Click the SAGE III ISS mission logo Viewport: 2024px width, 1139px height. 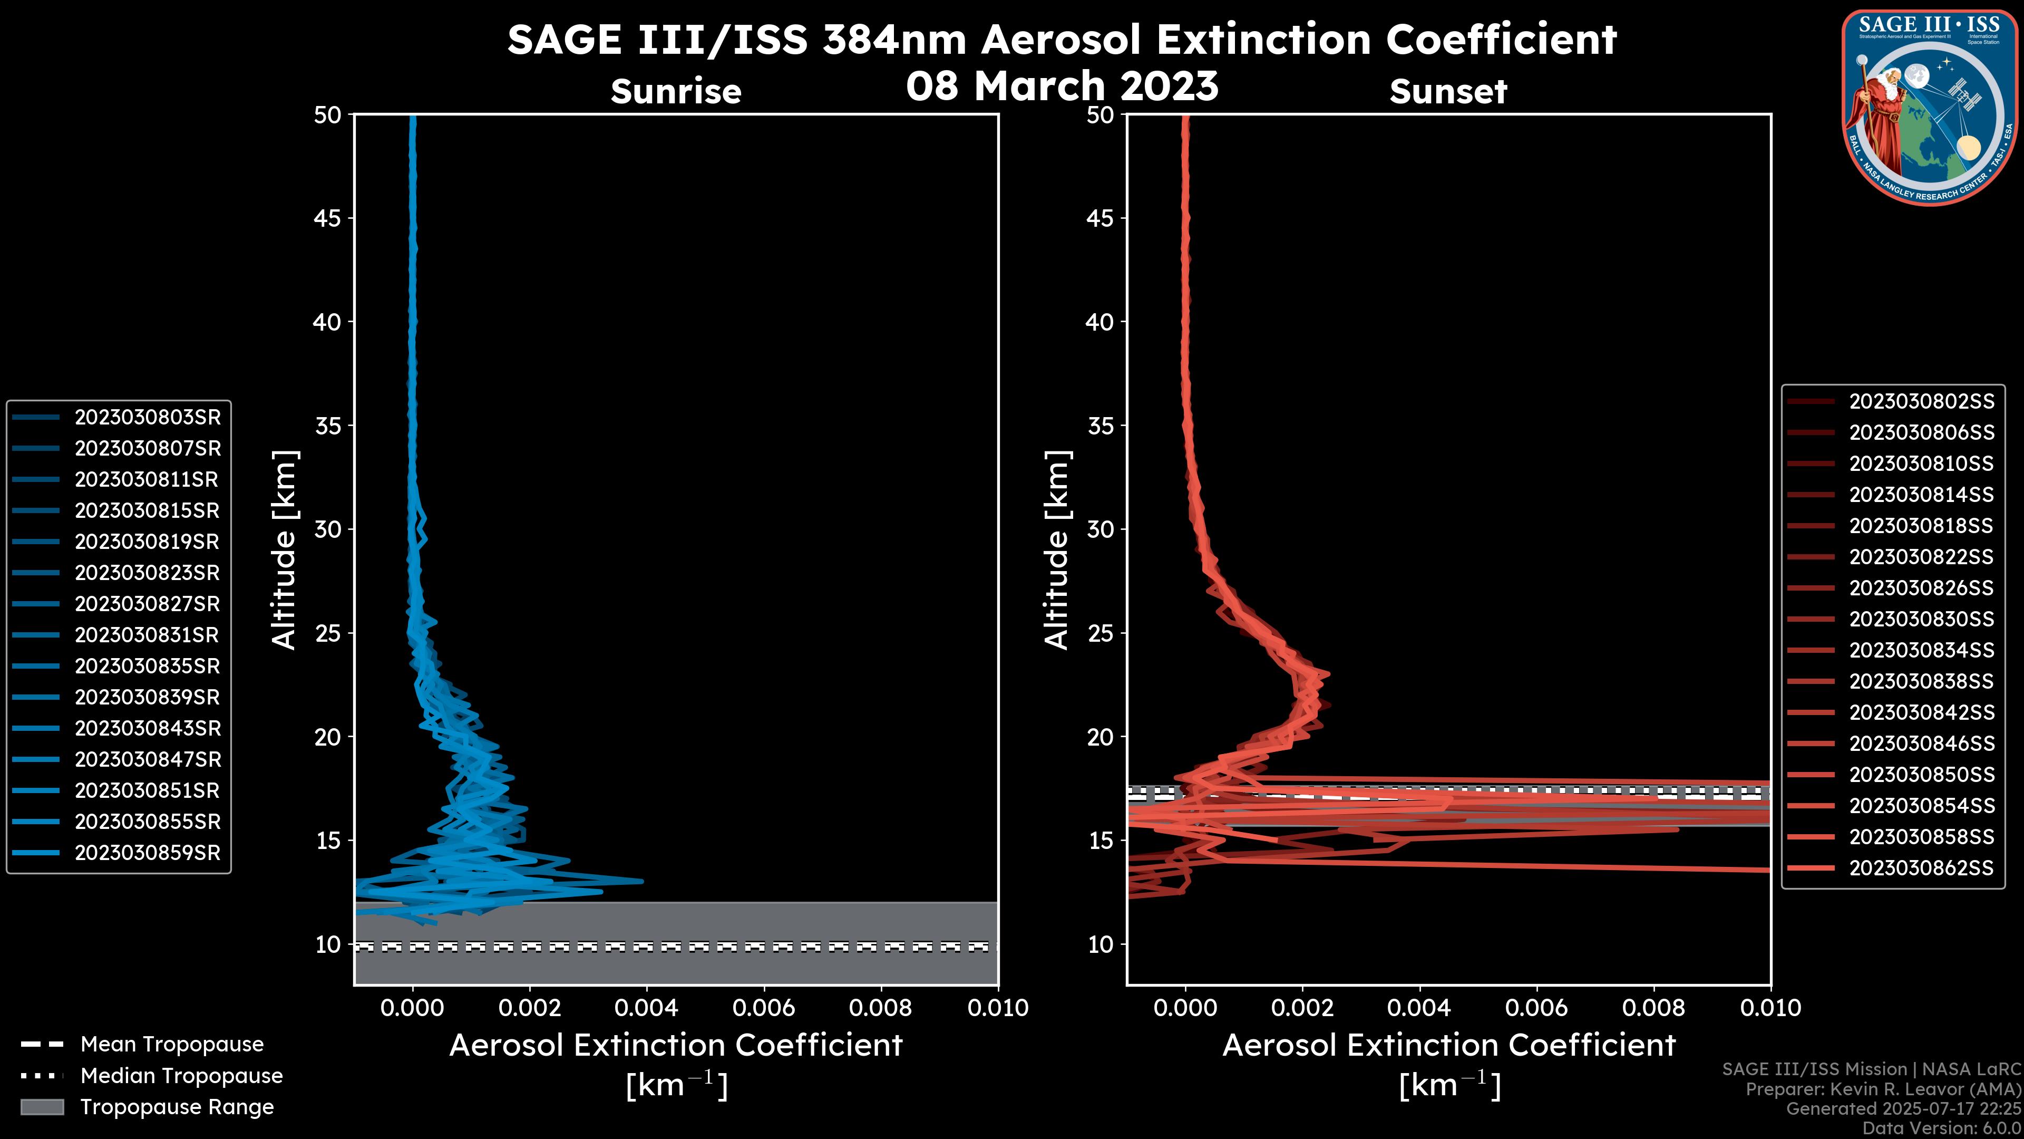pyautogui.click(x=1930, y=107)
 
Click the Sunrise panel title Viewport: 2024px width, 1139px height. pyautogui.click(x=676, y=91)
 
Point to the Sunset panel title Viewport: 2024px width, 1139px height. pyautogui.click(x=1448, y=91)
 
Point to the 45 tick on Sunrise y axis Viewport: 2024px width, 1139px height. pyautogui.click(x=328, y=218)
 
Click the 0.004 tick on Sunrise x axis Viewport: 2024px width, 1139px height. pyautogui.click(x=646, y=1008)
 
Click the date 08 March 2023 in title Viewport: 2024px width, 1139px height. pyautogui.click(x=1062, y=85)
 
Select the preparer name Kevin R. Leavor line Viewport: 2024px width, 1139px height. pyautogui.click(x=1883, y=1089)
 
